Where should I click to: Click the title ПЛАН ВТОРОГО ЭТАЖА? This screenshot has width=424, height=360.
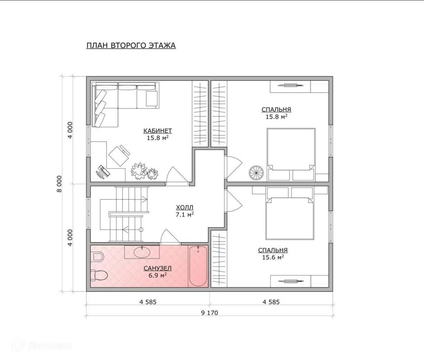131,46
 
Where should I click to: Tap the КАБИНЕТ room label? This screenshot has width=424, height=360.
158,131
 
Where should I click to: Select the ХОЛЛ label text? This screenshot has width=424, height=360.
185,208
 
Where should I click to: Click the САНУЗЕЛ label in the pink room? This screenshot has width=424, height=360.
157,268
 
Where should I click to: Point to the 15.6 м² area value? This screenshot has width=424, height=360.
273,257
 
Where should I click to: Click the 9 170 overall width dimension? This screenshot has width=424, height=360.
210,313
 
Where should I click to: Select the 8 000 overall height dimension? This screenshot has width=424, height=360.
59,184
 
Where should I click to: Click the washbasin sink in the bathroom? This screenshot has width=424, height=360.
142,252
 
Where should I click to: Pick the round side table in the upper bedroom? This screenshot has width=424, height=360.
256,172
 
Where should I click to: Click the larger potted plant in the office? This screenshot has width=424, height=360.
139,171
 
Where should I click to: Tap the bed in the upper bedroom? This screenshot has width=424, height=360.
291,155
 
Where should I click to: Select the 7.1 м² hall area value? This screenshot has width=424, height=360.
185,215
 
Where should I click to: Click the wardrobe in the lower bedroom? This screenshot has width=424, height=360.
219,259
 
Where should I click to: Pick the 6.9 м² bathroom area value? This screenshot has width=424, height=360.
157,275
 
